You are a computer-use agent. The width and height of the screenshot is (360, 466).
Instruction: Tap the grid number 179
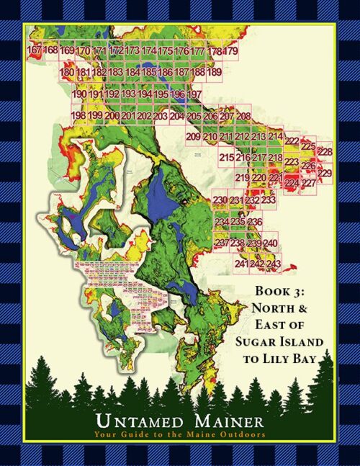230,51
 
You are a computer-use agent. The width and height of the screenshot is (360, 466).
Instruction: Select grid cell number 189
214,72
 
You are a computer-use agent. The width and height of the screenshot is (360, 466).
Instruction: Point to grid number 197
194,94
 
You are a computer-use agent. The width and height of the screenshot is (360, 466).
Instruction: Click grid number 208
243,116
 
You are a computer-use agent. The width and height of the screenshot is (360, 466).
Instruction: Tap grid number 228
325,152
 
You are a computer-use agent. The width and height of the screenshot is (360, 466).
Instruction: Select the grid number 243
273,264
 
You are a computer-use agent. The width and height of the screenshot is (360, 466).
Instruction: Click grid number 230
220,200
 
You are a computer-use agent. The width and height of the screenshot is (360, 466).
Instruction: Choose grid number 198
78,115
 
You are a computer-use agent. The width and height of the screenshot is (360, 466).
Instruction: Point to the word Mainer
225,420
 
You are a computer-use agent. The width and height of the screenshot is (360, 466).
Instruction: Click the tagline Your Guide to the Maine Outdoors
180,434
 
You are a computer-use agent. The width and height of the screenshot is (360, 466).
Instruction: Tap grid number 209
193,137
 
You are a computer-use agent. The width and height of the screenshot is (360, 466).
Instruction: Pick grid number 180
66,72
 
